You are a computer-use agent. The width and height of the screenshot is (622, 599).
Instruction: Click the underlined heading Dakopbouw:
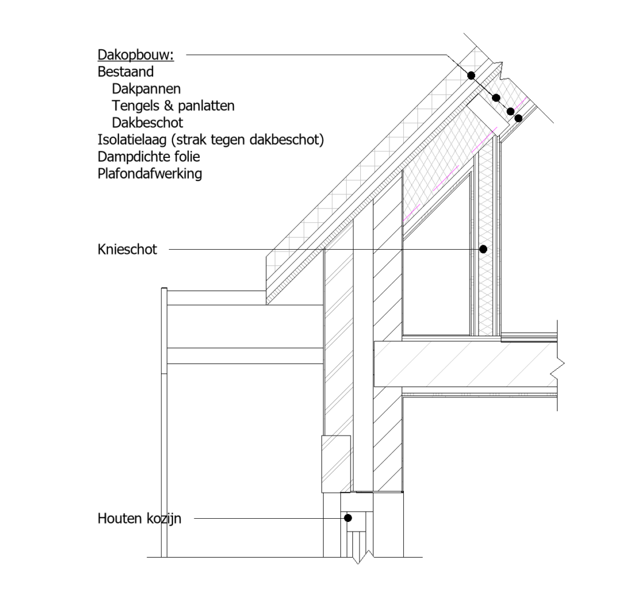coord(135,55)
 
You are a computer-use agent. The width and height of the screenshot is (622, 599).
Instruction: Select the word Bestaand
coord(125,72)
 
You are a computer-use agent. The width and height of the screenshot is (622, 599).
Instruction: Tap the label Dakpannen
coord(146,89)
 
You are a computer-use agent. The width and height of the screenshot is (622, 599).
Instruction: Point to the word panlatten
coord(207,106)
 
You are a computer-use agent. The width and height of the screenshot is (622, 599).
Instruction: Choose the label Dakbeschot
coord(147,123)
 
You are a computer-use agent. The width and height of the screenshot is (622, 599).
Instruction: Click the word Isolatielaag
coord(132,140)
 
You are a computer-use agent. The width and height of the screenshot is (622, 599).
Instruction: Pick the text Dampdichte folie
coord(149,157)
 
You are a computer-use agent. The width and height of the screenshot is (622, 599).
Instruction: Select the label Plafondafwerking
coord(149,174)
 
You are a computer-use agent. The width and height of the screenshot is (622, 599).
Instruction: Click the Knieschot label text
coord(127,250)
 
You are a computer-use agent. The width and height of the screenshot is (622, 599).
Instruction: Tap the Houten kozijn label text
coord(139,518)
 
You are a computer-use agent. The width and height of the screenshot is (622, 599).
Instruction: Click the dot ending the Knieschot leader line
coord(483,249)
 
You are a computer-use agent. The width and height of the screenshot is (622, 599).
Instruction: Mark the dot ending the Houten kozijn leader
coord(348,518)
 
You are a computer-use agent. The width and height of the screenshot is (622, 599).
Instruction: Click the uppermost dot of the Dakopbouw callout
coord(471,75)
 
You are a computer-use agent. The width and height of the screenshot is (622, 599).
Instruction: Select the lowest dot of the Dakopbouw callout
coord(518,118)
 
